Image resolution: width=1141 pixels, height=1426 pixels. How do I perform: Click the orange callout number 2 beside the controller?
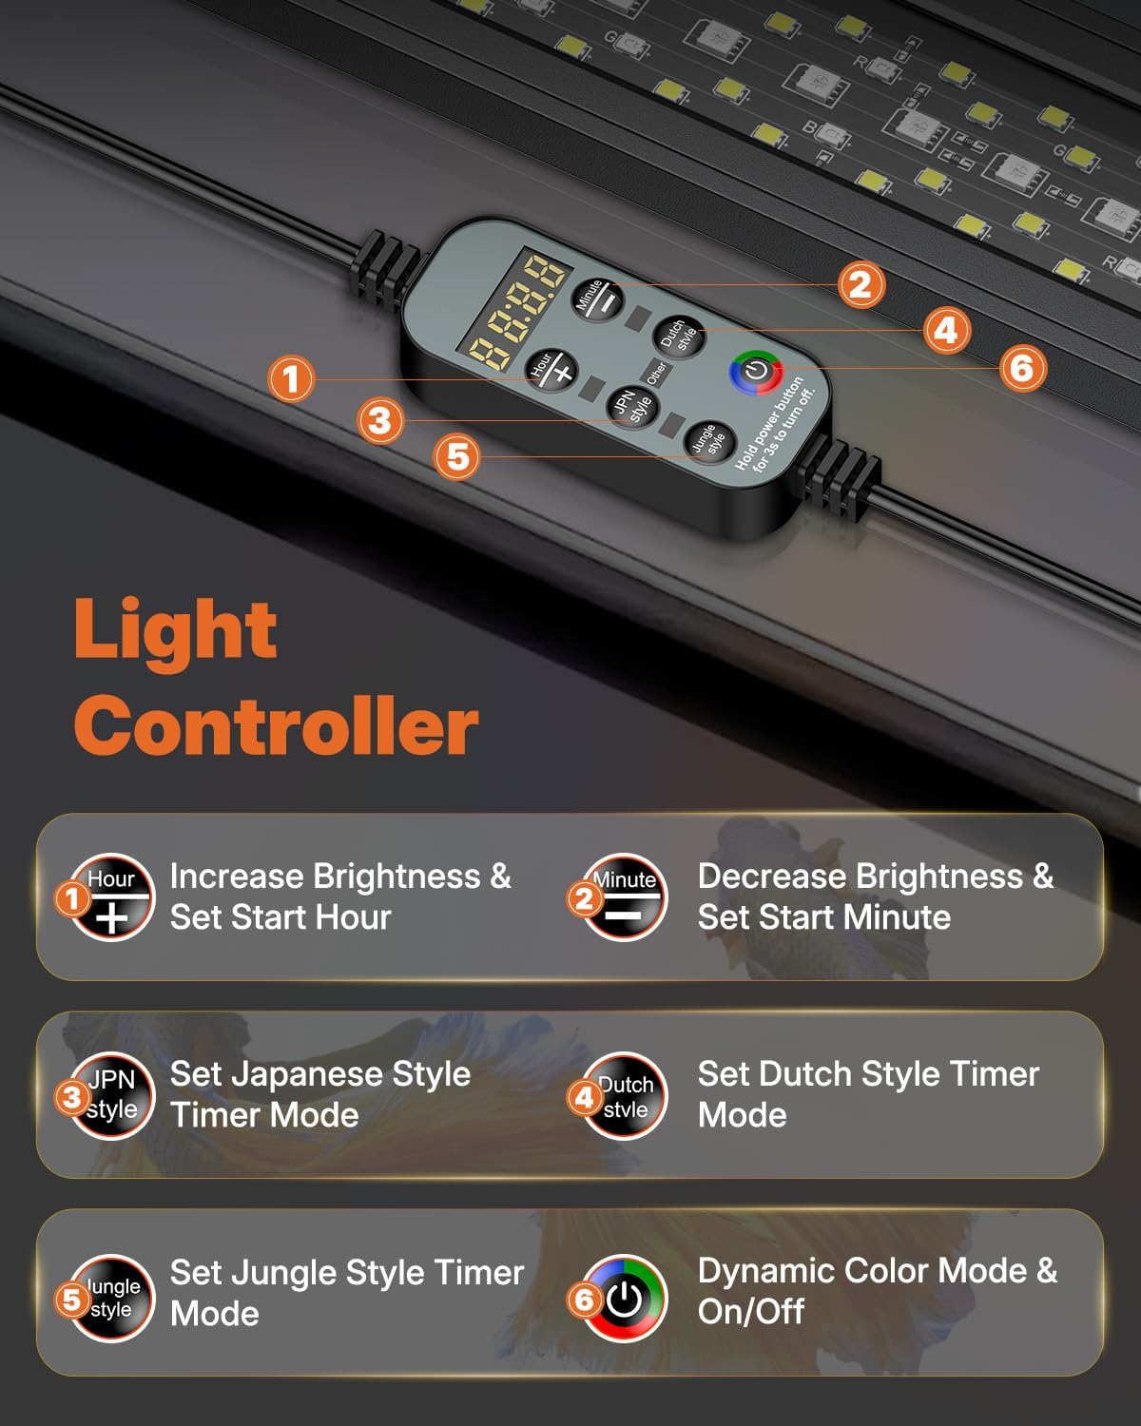click(x=861, y=284)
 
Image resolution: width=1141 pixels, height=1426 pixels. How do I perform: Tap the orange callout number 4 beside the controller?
click(x=946, y=330)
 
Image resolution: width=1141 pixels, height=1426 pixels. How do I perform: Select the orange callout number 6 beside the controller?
click(x=1022, y=368)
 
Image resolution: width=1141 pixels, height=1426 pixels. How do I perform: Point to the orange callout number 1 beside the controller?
click(x=291, y=378)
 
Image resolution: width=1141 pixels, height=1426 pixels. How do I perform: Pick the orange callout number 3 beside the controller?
click(x=380, y=419)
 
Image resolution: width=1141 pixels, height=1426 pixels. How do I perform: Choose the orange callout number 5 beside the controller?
click(x=458, y=456)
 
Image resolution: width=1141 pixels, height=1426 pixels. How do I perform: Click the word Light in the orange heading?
click(x=175, y=630)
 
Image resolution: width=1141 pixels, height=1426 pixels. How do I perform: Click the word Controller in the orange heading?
click(x=276, y=724)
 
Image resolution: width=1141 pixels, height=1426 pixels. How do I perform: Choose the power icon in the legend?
click(x=625, y=1298)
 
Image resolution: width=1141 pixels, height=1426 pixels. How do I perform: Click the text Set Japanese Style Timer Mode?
click(x=319, y=1094)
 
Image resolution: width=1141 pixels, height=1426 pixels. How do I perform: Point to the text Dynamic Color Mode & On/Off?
click(x=877, y=1291)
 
